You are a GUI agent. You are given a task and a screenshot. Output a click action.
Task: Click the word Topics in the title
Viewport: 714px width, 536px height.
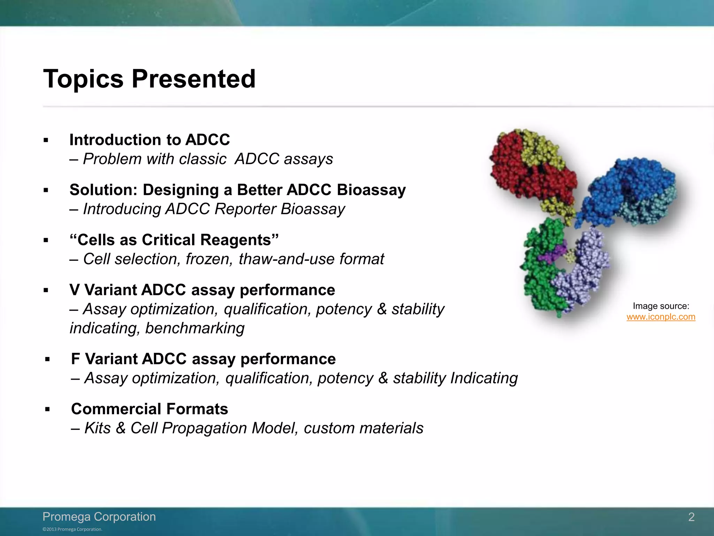tap(83, 80)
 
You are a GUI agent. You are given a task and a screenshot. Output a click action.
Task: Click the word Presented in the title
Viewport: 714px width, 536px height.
tap(193, 79)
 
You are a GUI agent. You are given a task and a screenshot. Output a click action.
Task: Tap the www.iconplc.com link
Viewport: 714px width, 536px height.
tap(661, 317)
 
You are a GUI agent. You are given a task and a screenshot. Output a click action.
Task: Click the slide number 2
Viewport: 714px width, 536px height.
tap(691, 517)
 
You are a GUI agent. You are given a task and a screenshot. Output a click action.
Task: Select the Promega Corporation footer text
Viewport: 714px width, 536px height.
tap(99, 516)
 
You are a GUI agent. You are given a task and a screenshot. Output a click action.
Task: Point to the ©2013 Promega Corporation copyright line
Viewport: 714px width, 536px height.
tap(73, 529)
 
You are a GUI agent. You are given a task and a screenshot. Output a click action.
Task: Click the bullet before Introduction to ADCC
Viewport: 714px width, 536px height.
tap(46, 140)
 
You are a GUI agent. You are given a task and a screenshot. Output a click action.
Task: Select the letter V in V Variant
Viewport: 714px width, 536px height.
tap(75, 290)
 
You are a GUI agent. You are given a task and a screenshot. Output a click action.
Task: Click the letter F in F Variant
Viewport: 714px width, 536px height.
tap(75, 359)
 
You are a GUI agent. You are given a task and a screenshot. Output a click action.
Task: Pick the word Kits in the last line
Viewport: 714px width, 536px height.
tap(98, 428)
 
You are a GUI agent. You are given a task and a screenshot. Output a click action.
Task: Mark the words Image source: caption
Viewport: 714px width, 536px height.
tap(661, 306)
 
